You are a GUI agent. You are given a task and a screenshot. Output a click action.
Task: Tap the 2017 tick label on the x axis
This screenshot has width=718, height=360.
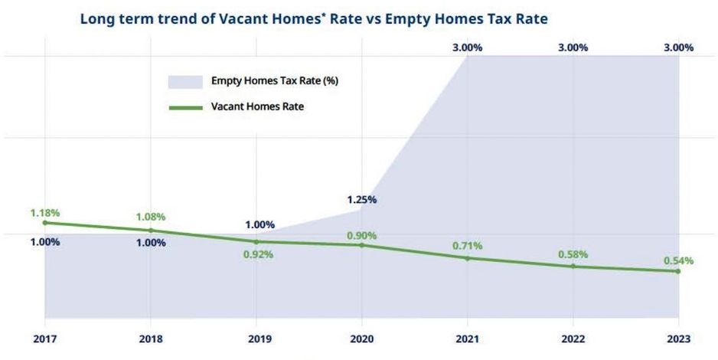tap(45, 339)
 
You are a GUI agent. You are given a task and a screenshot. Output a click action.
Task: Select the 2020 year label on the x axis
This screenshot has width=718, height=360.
tap(362, 339)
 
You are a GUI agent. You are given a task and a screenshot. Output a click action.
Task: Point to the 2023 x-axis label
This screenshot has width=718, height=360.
tap(678, 339)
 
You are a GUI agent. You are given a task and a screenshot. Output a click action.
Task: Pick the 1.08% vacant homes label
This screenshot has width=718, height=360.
tap(151, 218)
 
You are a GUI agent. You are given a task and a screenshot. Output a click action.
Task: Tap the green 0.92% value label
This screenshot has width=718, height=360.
tap(256, 254)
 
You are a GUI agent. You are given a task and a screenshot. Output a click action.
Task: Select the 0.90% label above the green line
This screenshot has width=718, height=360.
tap(362, 236)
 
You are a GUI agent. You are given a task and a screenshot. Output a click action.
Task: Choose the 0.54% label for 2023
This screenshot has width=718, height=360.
tap(678, 260)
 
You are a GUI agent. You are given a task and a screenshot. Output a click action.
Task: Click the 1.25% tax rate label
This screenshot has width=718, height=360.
tap(362, 200)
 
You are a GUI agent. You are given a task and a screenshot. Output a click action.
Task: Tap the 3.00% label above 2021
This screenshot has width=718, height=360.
tap(468, 47)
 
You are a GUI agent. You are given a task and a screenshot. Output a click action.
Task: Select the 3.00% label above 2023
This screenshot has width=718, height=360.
tap(678, 47)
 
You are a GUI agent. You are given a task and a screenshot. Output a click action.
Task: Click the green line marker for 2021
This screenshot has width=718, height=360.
tap(468, 258)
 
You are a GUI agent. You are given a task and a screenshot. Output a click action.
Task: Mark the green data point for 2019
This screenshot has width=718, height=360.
tap(256, 241)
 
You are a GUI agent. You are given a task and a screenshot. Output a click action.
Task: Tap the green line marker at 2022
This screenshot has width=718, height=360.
tap(573, 267)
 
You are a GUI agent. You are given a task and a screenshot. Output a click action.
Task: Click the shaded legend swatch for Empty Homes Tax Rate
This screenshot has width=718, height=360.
tap(184, 81)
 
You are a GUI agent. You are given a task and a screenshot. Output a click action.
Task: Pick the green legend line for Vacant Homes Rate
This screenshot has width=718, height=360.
tap(184, 107)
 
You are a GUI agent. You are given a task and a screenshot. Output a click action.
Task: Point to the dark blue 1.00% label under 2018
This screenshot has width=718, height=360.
tap(151, 243)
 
